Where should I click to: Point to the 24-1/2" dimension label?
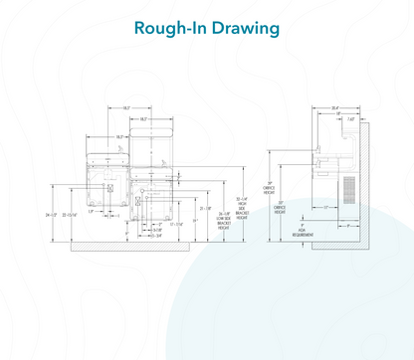pyautogui.click(x=53, y=213)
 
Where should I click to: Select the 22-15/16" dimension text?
pyautogui.click(x=73, y=213)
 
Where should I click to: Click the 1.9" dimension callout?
pyautogui.click(x=91, y=211)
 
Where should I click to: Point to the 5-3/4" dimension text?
pyautogui.click(x=154, y=236)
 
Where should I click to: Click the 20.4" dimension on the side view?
pyautogui.click(x=336, y=108)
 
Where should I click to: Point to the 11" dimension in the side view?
pyautogui.click(x=324, y=207)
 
